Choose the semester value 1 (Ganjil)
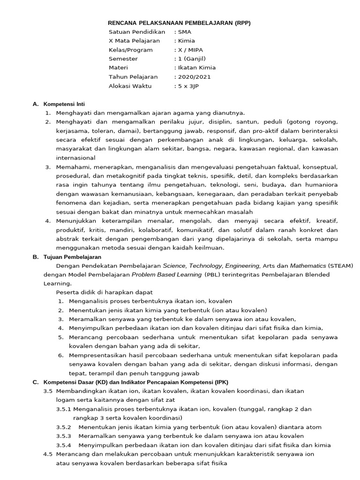tap(191, 59)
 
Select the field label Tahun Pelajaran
tap(133, 76)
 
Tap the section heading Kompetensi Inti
tap(64, 104)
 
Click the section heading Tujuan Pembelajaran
tap(72, 257)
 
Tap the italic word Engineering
tap(241, 266)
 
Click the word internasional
tap(75, 158)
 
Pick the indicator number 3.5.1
tap(63, 409)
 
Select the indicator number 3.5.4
tap(63, 445)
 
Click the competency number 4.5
tap(48, 454)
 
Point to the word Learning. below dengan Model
tap(57, 284)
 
